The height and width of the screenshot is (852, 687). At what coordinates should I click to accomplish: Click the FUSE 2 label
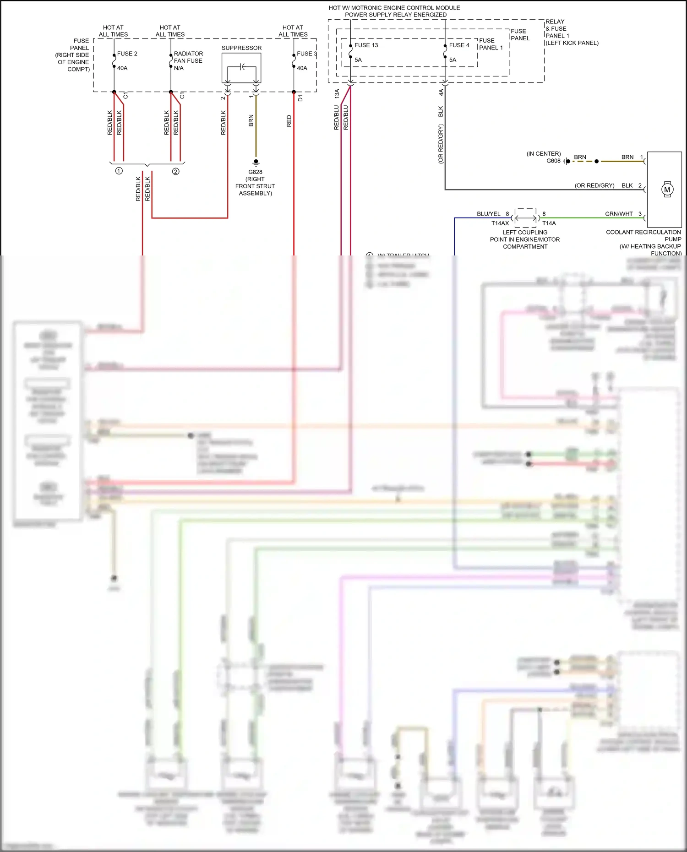[127, 54]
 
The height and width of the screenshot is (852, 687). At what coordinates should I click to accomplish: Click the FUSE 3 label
[306, 54]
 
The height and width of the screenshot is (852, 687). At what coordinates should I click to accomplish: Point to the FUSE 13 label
[366, 45]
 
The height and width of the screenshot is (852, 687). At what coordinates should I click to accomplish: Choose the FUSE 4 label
[459, 45]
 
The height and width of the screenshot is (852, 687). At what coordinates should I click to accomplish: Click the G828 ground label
[255, 172]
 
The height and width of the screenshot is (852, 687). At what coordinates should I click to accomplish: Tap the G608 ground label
[553, 161]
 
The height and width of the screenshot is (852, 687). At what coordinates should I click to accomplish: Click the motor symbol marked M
[667, 190]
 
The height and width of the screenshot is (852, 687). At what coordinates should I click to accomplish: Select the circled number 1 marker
[119, 171]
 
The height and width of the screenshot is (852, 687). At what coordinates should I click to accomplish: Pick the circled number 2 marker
[175, 171]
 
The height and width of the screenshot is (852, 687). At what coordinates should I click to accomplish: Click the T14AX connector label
[500, 223]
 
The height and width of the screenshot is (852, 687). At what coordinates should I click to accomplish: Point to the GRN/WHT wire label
[618, 214]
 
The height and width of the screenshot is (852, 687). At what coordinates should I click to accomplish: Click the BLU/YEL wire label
[488, 214]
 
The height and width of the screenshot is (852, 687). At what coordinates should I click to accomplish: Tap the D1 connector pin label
[300, 98]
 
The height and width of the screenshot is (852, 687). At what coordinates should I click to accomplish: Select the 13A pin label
[337, 94]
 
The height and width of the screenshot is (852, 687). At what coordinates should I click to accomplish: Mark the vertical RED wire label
[289, 121]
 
